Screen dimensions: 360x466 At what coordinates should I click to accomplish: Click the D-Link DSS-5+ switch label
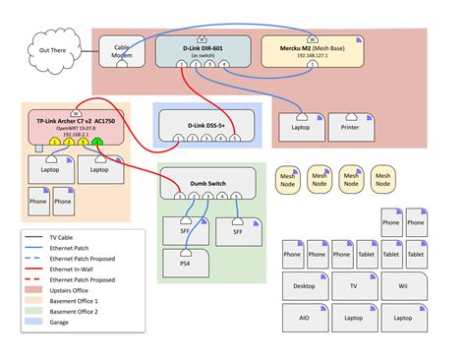[206, 126]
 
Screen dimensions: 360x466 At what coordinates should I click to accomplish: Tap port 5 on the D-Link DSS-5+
[235, 140]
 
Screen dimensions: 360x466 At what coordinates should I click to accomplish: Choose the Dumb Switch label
[206, 182]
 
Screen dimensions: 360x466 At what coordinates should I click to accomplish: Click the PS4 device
[186, 261]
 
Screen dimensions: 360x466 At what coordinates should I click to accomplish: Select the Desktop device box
[305, 287]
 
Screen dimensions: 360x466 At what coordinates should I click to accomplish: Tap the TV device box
[353, 287]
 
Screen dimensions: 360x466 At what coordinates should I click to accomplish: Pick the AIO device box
[305, 319]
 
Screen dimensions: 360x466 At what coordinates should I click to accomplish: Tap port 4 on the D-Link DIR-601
[225, 64]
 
